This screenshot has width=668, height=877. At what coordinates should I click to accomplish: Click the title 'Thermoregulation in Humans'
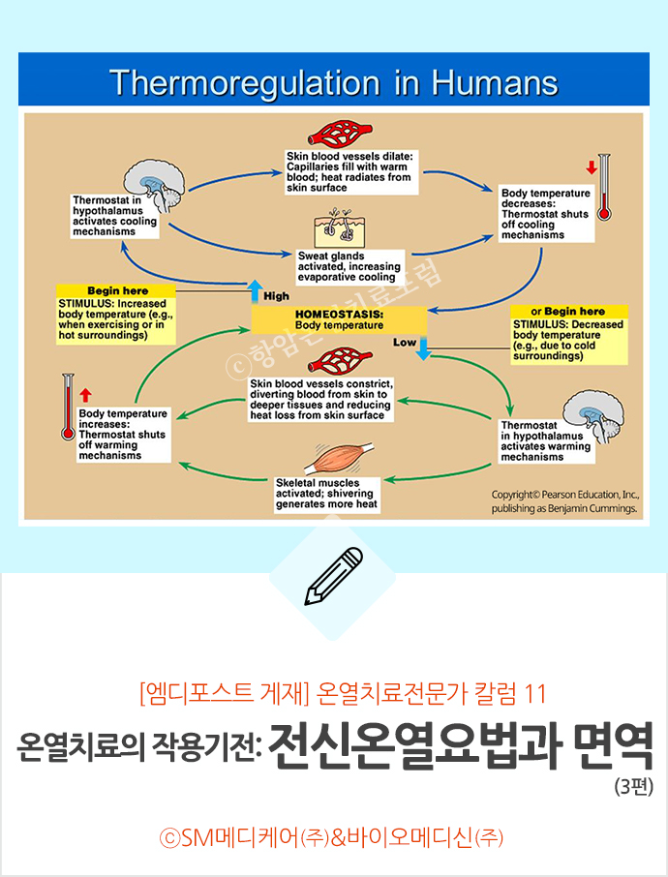[x=333, y=81]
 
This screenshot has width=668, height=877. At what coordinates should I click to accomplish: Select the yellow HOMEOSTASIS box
[x=339, y=319]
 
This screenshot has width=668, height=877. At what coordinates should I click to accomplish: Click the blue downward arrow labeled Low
[x=422, y=349]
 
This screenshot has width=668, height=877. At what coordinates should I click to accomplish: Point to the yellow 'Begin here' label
[x=116, y=289]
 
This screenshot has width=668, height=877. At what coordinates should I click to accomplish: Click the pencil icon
[x=333, y=576]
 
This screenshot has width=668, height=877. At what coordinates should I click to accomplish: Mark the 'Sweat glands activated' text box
[x=348, y=265]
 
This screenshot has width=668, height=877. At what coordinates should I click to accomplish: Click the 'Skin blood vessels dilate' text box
[x=349, y=170]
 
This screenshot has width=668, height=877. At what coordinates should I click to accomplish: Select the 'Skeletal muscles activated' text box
[x=326, y=494]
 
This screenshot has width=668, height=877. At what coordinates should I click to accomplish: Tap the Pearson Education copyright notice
[x=563, y=499]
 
